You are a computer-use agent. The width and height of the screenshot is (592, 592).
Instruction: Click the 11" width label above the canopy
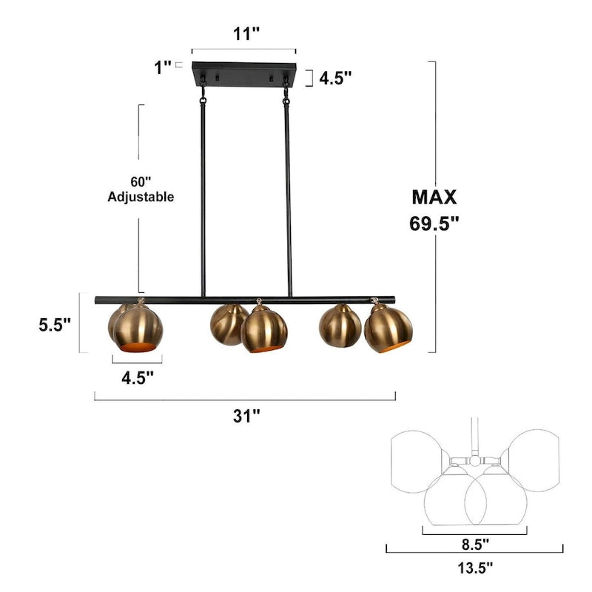(244, 33)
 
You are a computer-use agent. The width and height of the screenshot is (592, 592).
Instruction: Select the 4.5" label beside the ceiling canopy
(335, 77)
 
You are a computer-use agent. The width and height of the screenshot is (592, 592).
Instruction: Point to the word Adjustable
(141, 197)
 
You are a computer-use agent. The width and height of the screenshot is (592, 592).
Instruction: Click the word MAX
(434, 197)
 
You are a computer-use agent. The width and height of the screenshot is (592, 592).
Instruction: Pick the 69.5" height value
(434, 223)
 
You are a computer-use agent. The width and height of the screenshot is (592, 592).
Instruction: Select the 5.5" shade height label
(55, 325)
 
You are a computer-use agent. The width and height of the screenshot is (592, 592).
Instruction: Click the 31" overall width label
(246, 415)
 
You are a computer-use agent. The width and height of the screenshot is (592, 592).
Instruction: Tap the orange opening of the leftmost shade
(138, 347)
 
